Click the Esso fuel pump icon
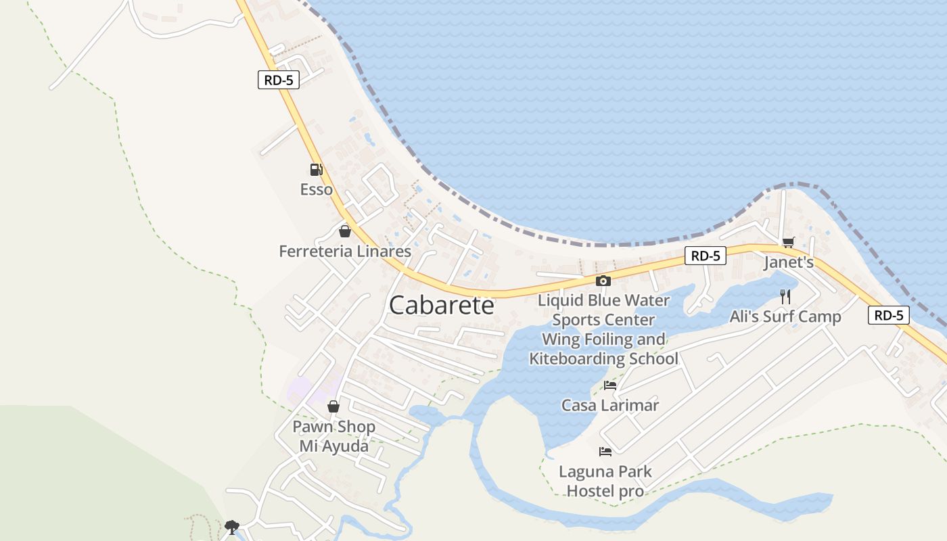tap(316, 169)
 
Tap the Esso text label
tap(317, 189)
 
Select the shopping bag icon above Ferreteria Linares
tap(345, 231)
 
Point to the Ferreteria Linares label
tap(345, 252)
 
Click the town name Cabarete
tap(442, 305)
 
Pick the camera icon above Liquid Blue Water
tap(603, 281)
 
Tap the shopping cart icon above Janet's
tap(788, 242)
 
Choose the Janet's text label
tap(789, 262)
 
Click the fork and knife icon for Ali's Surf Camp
tap(785, 296)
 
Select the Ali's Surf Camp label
tap(785, 316)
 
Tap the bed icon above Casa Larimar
tap(610, 385)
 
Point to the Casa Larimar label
tap(610, 406)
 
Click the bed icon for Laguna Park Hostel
tap(605, 451)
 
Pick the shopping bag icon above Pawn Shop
tap(333, 406)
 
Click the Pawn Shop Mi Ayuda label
tap(333, 436)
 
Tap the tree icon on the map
tap(232, 526)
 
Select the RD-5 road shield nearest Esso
tap(278, 80)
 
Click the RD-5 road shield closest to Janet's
tap(706, 256)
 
